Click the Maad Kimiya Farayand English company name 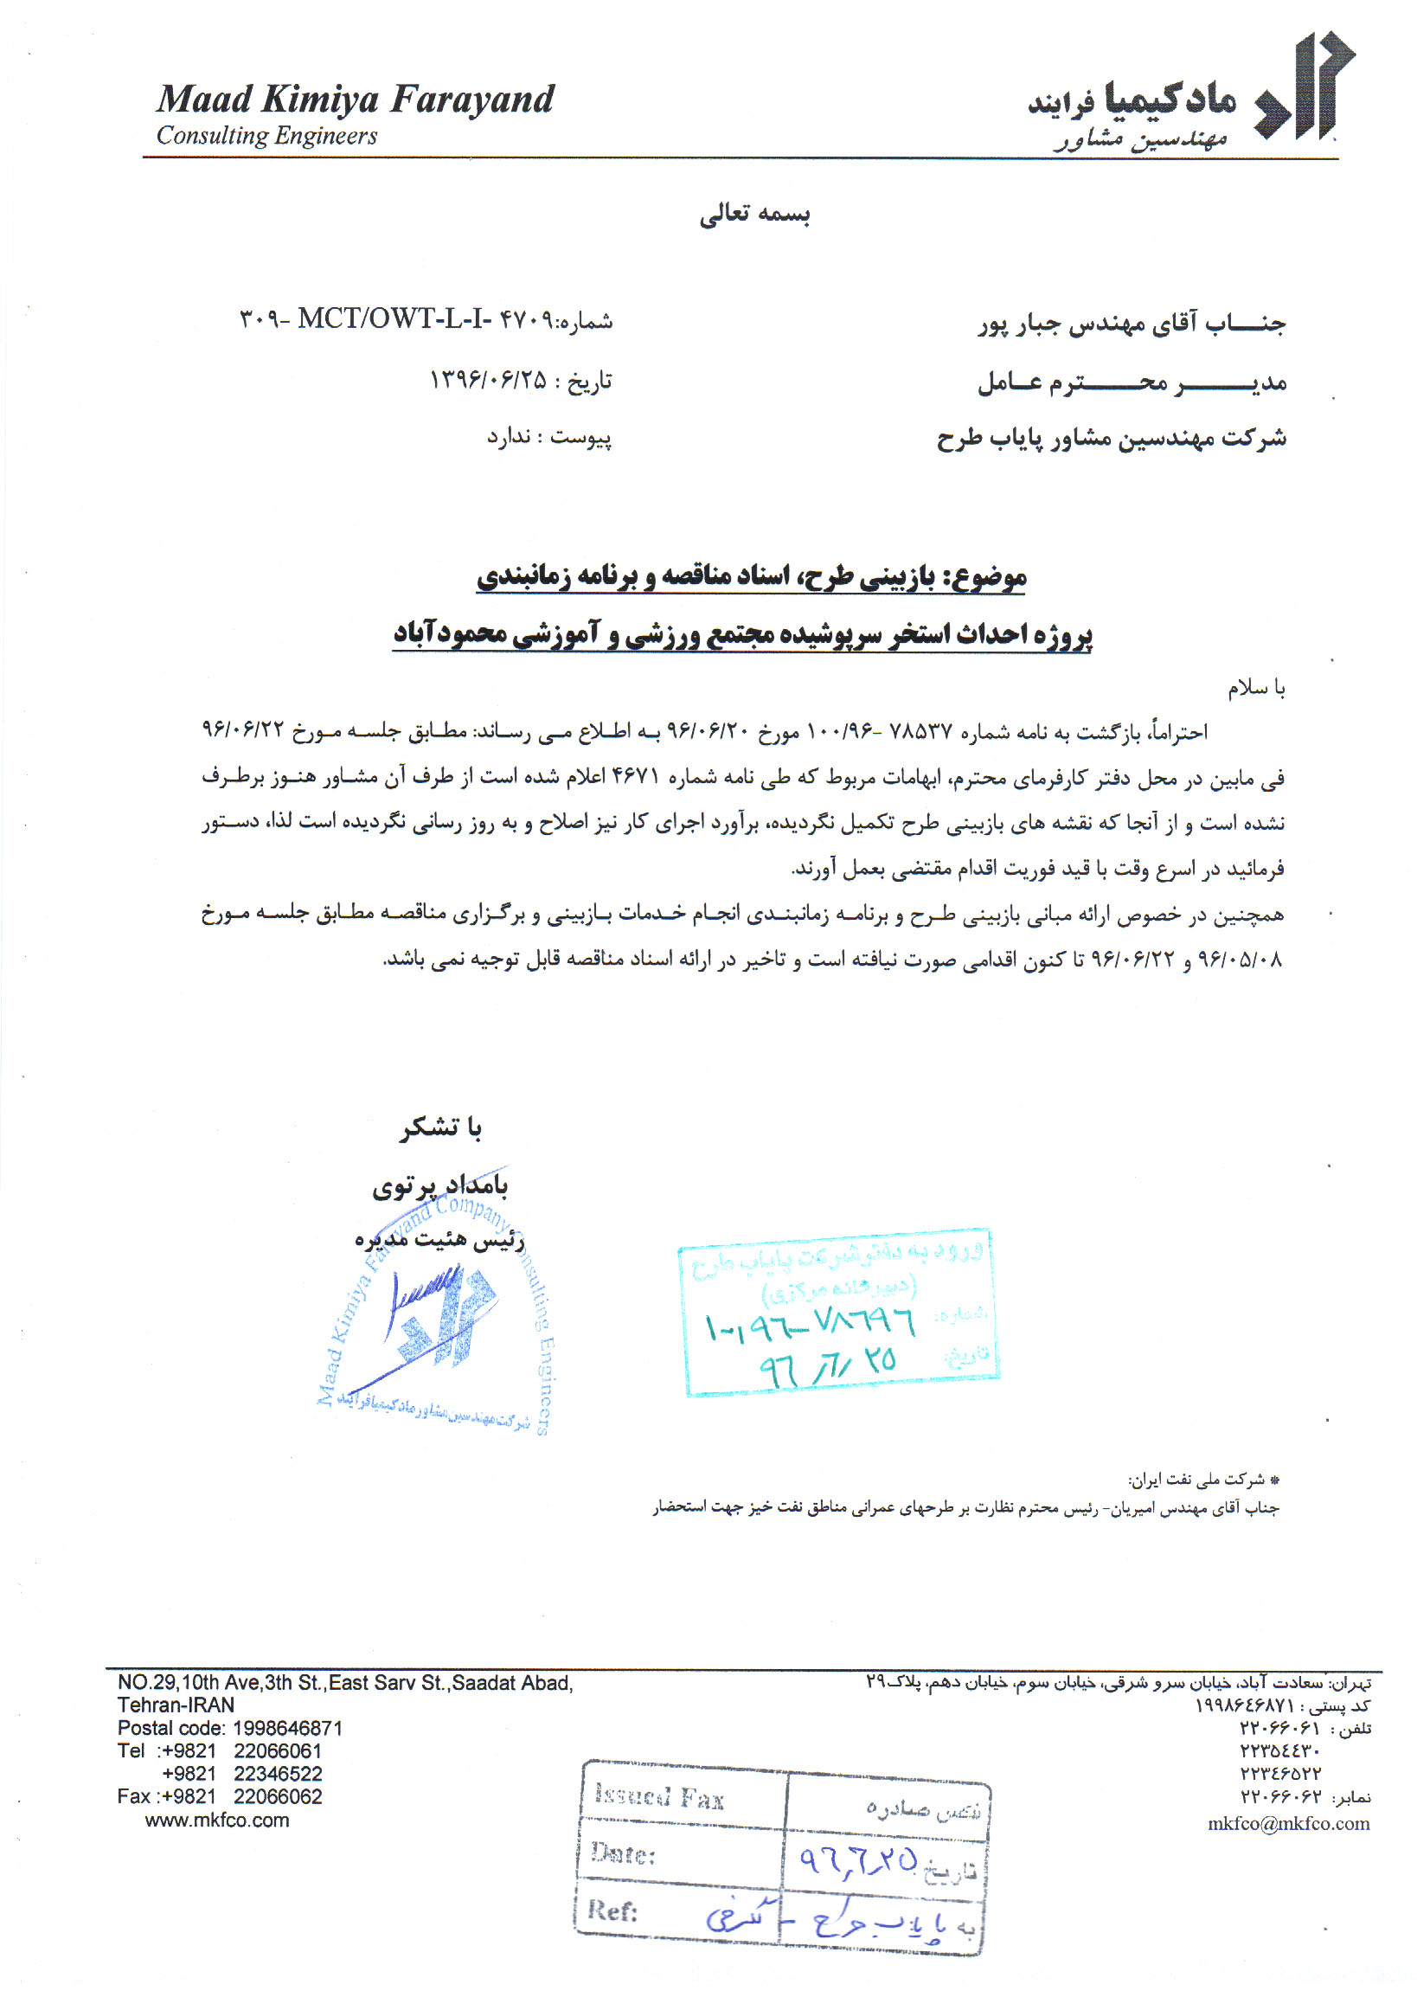(355, 99)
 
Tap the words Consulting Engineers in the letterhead (266, 136)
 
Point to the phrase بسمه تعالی (754, 215)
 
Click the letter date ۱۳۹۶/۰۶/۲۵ (488, 380)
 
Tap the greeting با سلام (1256, 688)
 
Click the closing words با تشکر (441, 1127)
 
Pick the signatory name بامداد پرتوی (440, 1185)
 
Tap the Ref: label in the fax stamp (612, 1910)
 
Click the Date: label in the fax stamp (622, 1853)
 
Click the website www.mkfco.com (217, 1820)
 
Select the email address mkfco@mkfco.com (1288, 1823)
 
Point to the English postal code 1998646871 (287, 1728)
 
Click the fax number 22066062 (278, 1796)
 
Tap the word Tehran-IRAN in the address (176, 1705)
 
